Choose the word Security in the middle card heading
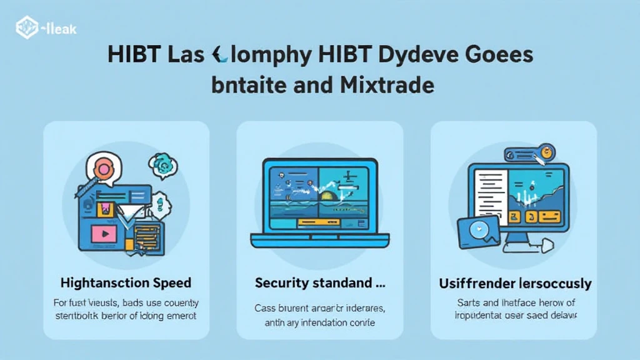click(x=282, y=283)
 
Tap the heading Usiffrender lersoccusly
click(x=514, y=283)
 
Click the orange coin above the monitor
click(x=547, y=152)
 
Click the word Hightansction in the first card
click(x=100, y=283)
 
